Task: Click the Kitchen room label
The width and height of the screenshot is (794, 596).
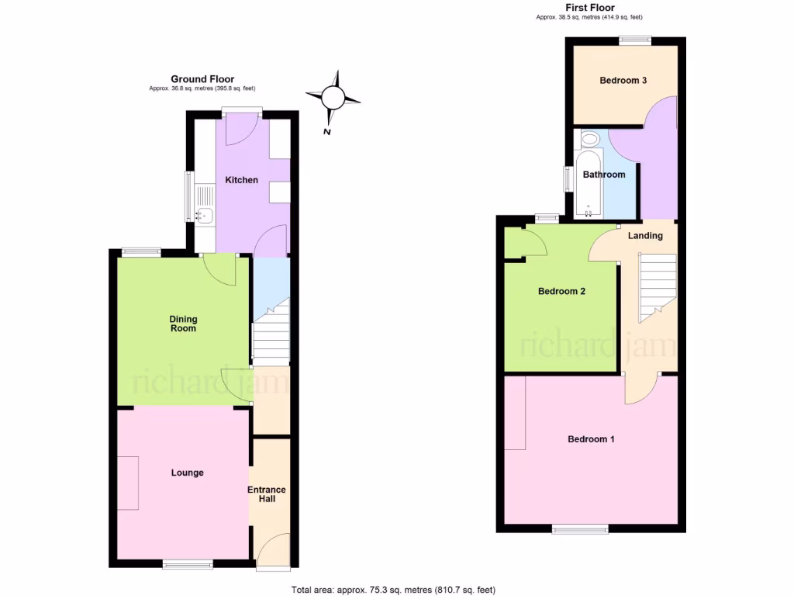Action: click(x=241, y=180)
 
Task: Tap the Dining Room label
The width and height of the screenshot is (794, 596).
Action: click(x=184, y=324)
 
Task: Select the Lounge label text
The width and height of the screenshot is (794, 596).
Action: click(x=187, y=473)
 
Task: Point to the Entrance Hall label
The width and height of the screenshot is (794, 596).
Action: click(x=267, y=494)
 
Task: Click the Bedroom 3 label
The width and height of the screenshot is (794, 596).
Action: click(x=623, y=81)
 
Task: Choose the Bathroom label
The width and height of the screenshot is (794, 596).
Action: click(x=604, y=175)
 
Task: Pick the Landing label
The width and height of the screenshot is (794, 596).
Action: click(x=645, y=236)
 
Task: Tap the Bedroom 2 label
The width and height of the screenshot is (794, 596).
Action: click(x=561, y=292)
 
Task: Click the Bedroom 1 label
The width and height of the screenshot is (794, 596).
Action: click(x=591, y=439)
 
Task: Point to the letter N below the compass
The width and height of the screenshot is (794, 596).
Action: click(x=328, y=133)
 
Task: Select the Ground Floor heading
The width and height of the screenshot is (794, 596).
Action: click(x=202, y=79)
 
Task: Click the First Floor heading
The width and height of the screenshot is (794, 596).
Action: click(x=590, y=8)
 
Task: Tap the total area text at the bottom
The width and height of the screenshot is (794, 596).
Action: click(x=392, y=590)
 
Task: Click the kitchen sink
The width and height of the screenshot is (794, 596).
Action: click(x=205, y=215)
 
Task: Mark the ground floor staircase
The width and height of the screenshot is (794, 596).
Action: click(x=271, y=334)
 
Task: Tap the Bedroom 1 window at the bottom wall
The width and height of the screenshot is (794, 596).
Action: click(x=580, y=529)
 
